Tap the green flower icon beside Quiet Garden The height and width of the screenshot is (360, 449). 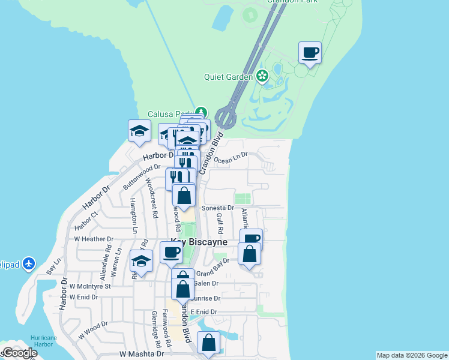262,76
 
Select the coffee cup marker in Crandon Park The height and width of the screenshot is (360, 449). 310,53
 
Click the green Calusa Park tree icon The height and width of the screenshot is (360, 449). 201,113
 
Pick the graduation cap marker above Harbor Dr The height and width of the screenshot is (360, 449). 139,131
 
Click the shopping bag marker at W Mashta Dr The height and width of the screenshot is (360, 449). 208,344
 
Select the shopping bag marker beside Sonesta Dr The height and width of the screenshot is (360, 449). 184,196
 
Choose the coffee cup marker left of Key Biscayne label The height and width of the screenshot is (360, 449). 171,251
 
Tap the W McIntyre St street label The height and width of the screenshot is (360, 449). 90,287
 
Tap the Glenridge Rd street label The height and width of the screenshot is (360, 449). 156,329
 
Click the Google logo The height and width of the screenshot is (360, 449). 20,353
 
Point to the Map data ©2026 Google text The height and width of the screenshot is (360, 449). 411,355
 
